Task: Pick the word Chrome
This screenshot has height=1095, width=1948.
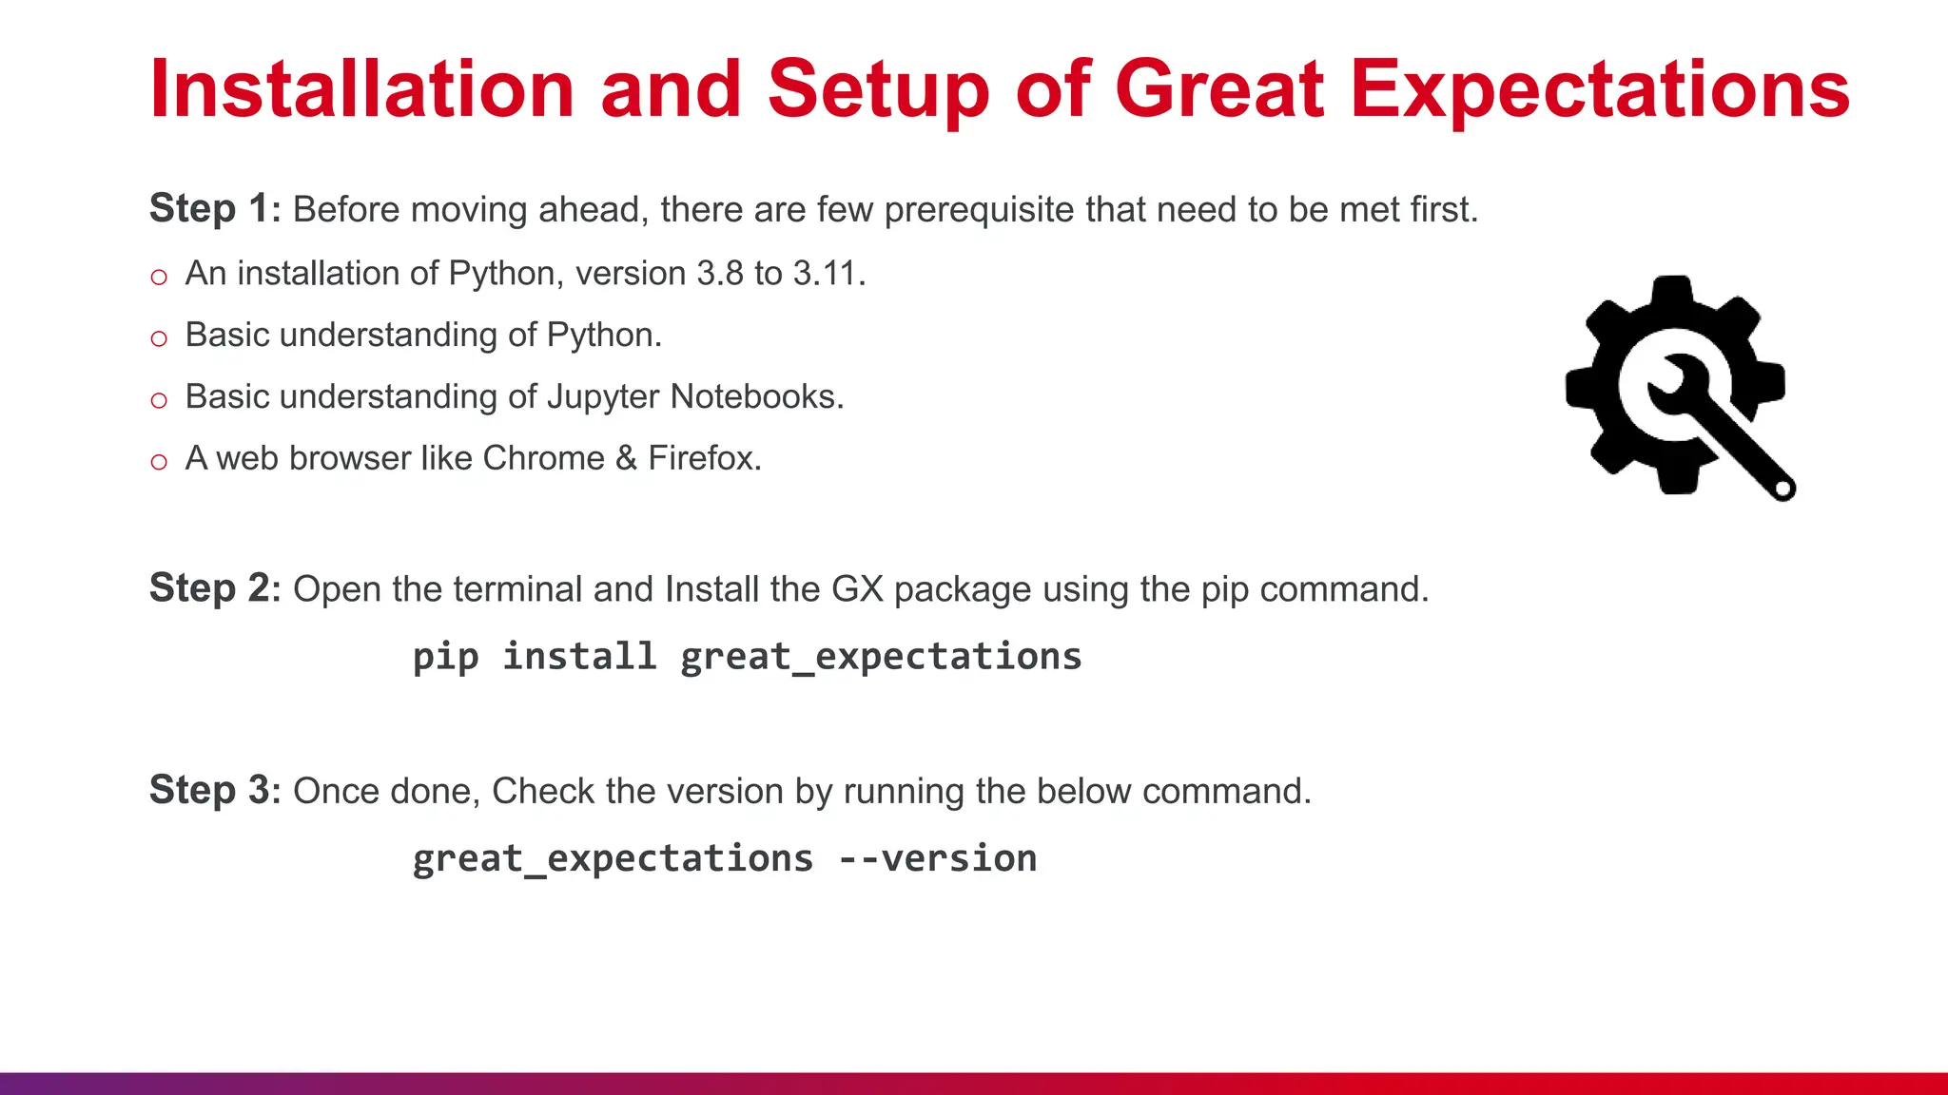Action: coord(543,458)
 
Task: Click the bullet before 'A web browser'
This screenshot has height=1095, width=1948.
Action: coord(159,462)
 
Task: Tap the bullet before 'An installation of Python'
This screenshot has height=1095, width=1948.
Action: coord(159,278)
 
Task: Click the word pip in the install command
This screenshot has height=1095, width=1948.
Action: coord(445,657)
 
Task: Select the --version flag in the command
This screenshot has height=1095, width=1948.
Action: coord(937,858)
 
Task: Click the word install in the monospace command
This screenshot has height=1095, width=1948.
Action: coord(578,657)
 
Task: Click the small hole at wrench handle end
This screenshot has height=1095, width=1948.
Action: coord(1783,490)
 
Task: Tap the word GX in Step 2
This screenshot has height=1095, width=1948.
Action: coord(857,589)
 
